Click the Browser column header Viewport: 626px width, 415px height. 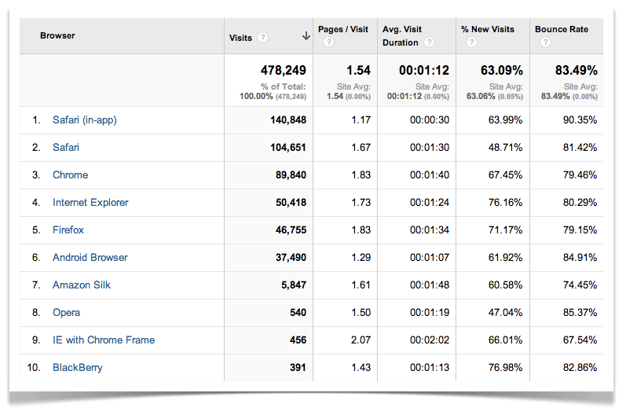57,36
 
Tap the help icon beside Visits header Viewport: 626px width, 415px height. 262,38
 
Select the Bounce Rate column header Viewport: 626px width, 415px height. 562,30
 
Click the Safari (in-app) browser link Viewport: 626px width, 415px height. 84,120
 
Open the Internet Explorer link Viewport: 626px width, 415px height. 90,203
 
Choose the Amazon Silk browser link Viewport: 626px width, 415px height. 82,285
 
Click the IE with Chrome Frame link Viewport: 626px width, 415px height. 104,340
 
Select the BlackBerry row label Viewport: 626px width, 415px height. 77,368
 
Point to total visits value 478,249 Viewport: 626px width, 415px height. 278,71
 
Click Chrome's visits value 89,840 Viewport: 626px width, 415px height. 287,175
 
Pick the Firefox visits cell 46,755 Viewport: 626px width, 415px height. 287,230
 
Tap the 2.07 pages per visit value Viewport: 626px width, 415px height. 360,340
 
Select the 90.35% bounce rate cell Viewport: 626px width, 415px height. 580,120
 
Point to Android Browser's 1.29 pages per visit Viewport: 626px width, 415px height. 360,258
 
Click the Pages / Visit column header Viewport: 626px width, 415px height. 343,30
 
